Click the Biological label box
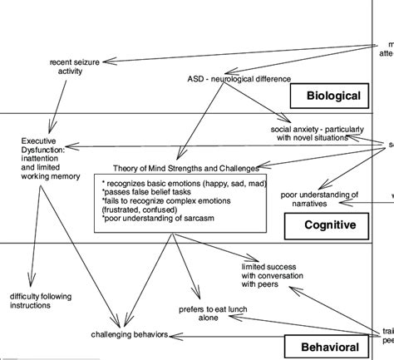(328, 96)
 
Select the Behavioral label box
(325, 347)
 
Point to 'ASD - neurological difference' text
(239, 79)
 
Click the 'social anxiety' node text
(317, 134)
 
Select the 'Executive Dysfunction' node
(49, 158)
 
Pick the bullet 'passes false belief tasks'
(145, 191)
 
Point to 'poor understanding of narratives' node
(319, 199)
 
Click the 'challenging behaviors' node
(130, 334)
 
